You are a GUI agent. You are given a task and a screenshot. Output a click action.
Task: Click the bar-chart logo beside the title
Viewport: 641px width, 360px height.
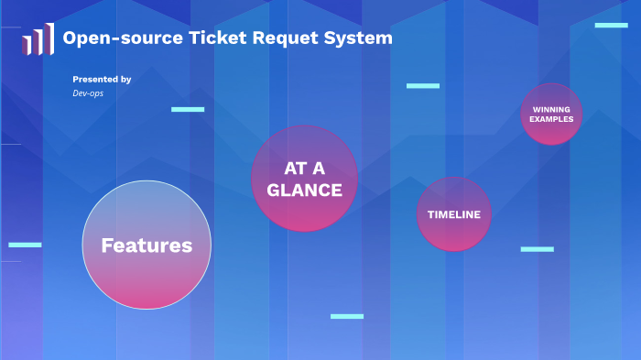pyautogui.click(x=37, y=40)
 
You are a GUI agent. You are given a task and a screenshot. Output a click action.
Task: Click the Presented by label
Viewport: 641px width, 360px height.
pyautogui.click(x=102, y=80)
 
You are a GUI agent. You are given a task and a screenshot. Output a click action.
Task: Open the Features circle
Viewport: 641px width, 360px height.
pyautogui.click(x=147, y=245)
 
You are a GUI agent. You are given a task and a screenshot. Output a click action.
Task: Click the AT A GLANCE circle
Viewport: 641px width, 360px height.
pyautogui.click(x=304, y=179)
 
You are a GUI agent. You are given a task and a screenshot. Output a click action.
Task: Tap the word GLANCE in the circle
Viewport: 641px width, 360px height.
pyautogui.click(x=304, y=191)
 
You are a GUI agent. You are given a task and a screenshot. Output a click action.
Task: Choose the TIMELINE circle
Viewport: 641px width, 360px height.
pyautogui.click(x=454, y=214)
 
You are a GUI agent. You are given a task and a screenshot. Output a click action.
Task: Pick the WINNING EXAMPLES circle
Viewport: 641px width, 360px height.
pyautogui.click(x=551, y=115)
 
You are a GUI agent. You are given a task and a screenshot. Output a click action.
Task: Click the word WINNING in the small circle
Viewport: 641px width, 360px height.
pyautogui.click(x=551, y=110)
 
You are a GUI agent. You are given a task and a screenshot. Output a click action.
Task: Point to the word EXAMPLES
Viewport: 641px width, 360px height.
pyautogui.click(x=551, y=119)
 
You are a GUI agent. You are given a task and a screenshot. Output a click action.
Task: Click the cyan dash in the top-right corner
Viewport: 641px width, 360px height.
pyautogui.click(x=611, y=26)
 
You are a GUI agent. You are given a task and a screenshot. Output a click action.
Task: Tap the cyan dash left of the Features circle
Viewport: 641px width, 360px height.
pyautogui.click(x=25, y=245)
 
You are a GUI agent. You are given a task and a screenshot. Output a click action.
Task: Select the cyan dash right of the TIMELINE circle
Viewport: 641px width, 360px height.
pyautogui.click(x=537, y=249)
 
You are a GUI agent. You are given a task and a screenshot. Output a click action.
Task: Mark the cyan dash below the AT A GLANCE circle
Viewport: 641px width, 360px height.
pyautogui.click(x=347, y=316)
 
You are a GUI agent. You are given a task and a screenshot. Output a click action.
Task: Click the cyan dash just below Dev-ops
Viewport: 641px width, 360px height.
pyautogui.click(x=188, y=109)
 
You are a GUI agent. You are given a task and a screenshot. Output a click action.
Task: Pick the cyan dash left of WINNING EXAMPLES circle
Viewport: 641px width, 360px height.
pyautogui.click(x=423, y=86)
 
